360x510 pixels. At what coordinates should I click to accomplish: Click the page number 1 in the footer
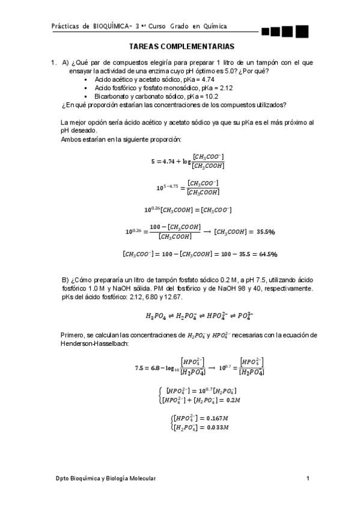tap(307, 478)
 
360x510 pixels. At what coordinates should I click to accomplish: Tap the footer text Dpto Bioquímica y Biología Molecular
tap(105, 478)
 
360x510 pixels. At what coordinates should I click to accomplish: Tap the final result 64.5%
tap(265, 254)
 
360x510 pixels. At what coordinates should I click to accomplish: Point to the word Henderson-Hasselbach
tap(91, 343)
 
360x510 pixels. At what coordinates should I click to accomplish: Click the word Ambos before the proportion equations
tap(72, 139)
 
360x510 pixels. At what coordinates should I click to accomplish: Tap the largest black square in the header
tap(302, 31)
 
